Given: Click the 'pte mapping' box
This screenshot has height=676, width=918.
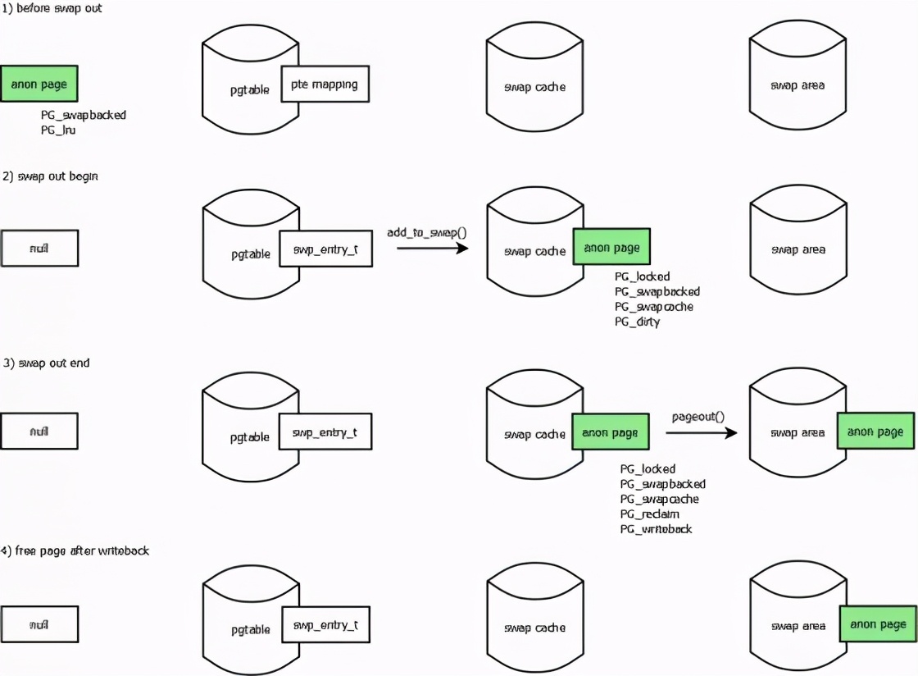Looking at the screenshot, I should click(325, 84).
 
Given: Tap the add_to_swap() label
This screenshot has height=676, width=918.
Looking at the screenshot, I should click(426, 232).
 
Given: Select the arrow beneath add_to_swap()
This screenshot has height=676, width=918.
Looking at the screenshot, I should click(432, 246).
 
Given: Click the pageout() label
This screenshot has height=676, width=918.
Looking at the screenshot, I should click(698, 416).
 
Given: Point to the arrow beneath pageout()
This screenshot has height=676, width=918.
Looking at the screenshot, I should click(701, 432).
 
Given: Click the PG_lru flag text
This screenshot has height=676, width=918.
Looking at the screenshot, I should click(58, 130).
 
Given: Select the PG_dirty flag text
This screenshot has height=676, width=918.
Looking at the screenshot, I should click(637, 322).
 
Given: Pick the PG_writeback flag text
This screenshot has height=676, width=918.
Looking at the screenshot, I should click(656, 529).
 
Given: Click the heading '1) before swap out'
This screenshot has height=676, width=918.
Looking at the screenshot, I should click(52, 8).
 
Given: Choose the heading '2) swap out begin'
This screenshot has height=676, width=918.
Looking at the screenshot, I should click(51, 176).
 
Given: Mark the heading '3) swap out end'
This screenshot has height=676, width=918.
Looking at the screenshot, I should click(47, 363).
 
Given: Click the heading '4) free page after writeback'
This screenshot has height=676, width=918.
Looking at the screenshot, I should click(75, 550).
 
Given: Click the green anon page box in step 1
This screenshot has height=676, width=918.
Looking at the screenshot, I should click(39, 84).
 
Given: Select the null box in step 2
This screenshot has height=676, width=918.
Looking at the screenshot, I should click(39, 248).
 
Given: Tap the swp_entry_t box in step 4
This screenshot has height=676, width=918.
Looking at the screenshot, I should click(325, 625).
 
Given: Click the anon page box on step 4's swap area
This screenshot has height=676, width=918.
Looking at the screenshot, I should click(877, 624).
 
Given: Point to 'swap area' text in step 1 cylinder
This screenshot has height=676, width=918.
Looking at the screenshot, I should click(798, 85).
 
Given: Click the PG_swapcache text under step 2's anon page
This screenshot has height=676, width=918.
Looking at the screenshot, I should click(653, 307).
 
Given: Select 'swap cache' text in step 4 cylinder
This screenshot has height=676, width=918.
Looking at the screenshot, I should click(534, 628).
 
